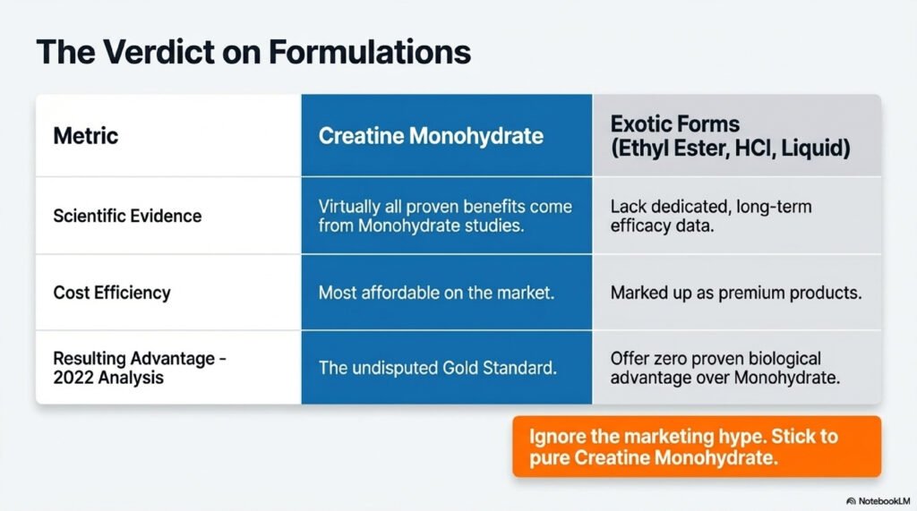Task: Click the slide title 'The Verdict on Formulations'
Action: (253, 52)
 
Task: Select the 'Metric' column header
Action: (86, 136)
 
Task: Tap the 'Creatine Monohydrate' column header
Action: (431, 136)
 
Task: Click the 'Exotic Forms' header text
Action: (664, 123)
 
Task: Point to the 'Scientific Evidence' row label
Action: (127, 216)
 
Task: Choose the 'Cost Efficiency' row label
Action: (112, 293)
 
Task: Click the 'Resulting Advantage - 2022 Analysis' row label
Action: (140, 367)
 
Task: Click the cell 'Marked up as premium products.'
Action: (735, 293)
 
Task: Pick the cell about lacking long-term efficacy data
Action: (711, 216)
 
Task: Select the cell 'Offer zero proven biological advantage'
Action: (724, 368)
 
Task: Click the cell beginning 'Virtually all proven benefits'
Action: (445, 216)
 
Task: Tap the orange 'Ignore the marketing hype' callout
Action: (696, 447)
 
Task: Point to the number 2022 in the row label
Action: (73, 378)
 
